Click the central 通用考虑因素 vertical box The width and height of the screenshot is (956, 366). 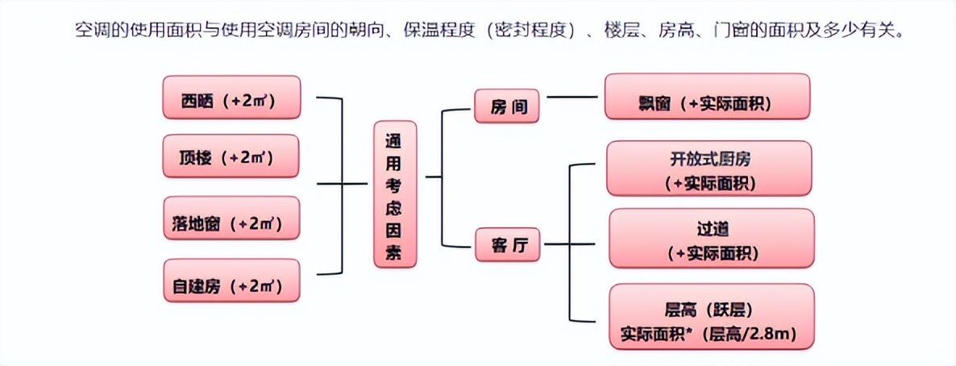[x=397, y=193]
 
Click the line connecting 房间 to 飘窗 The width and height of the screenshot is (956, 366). [x=572, y=98]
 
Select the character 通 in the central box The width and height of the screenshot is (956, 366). [x=392, y=139]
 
